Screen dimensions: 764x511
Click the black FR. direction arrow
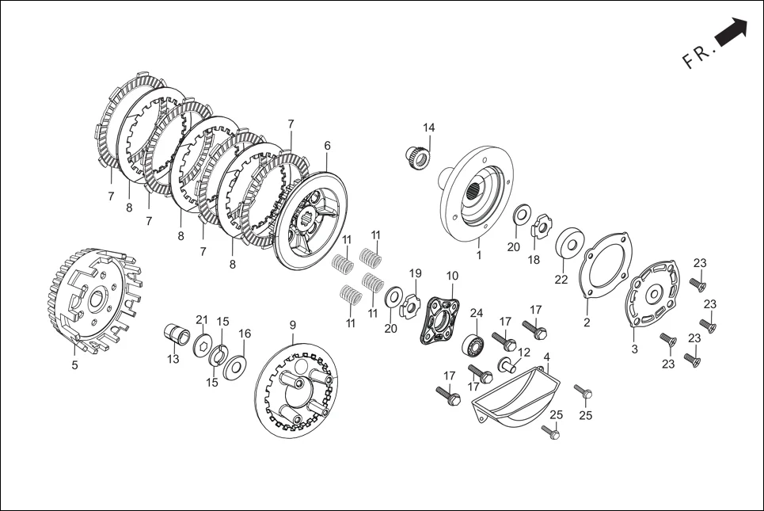(732, 32)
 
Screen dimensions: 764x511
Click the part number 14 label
(428, 128)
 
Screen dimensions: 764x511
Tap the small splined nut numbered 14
(418, 155)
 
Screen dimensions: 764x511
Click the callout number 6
(327, 145)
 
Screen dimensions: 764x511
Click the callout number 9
(292, 325)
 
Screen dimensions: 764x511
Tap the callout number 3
(634, 349)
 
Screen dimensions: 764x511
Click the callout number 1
(478, 255)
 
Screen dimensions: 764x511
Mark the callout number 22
(561, 280)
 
